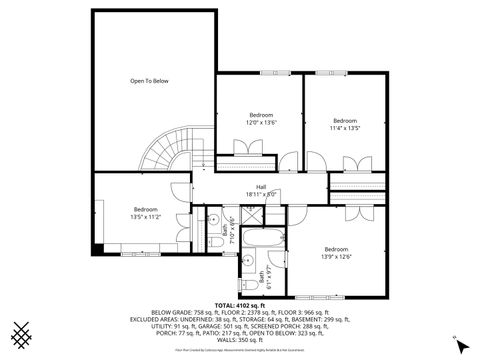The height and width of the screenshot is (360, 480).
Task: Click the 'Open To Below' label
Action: click(x=148, y=80)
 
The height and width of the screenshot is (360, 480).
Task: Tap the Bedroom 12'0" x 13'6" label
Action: click(x=261, y=118)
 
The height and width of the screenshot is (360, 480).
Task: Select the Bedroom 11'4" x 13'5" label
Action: click(x=345, y=124)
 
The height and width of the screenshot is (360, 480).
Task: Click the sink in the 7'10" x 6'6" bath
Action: click(x=213, y=218)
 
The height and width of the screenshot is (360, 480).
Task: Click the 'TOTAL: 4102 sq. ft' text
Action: click(x=240, y=304)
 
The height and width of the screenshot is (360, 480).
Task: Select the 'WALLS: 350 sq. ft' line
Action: click(x=240, y=340)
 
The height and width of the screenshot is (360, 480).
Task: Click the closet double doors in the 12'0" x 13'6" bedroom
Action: click(x=240, y=151)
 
